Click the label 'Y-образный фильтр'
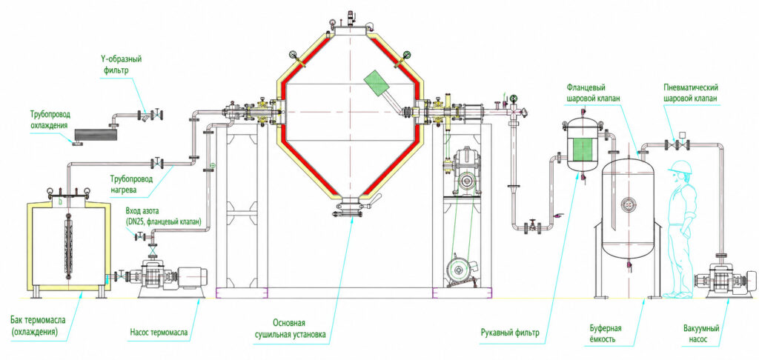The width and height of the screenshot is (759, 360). pos(118,65)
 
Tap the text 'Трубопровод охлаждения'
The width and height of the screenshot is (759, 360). pos(50,119)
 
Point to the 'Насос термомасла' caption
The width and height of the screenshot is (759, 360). pos(159,333)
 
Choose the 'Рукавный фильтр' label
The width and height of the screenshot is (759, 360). pos(510,333)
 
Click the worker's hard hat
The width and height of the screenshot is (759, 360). pos(680,167)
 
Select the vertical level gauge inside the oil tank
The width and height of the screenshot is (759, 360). pos(68,247)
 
